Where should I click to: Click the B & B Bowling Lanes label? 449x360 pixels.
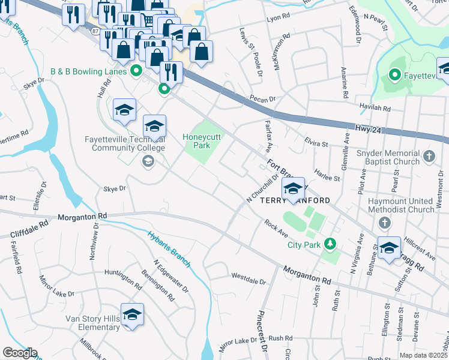pyautogui.click(x=88, y=71)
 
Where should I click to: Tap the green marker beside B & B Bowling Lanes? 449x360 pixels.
pyautogui.click(x=136, y=71)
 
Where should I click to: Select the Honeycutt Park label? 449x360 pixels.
pyautogui.click(x=203, y=141)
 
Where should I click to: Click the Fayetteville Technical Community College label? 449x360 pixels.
pyautogui.click(x=125, y=143)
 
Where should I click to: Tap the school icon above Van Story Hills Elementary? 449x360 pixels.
pyautogui.click(x=132, y=314)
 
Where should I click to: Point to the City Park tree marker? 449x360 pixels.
pyautogui.click(x=329, y=244)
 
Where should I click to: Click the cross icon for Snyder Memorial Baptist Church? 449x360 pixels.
pyautogui.click(x=429, y=157)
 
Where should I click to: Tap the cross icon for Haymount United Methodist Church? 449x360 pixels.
pyautogui.click(x=385, y=223)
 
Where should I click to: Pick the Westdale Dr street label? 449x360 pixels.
pyautogui.click(x=248, y=278)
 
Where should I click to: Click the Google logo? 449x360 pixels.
pyautogui.click(x=20, y=353)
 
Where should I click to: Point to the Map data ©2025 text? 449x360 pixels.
pyautogui.click(x=423, y=355)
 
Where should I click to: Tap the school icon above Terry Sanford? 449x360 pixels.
pyautogui.click(x=293, y=188)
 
